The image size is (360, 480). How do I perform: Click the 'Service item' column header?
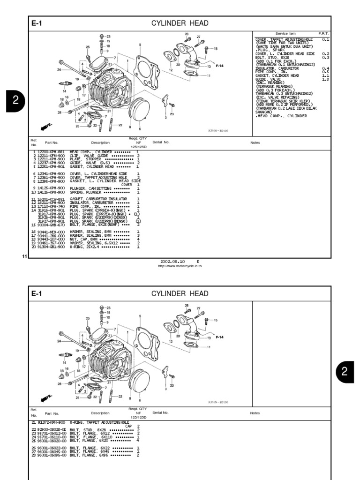coord(285,34)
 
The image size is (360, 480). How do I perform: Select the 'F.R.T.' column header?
coord(323,34)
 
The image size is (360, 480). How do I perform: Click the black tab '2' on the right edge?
coord(345,372)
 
